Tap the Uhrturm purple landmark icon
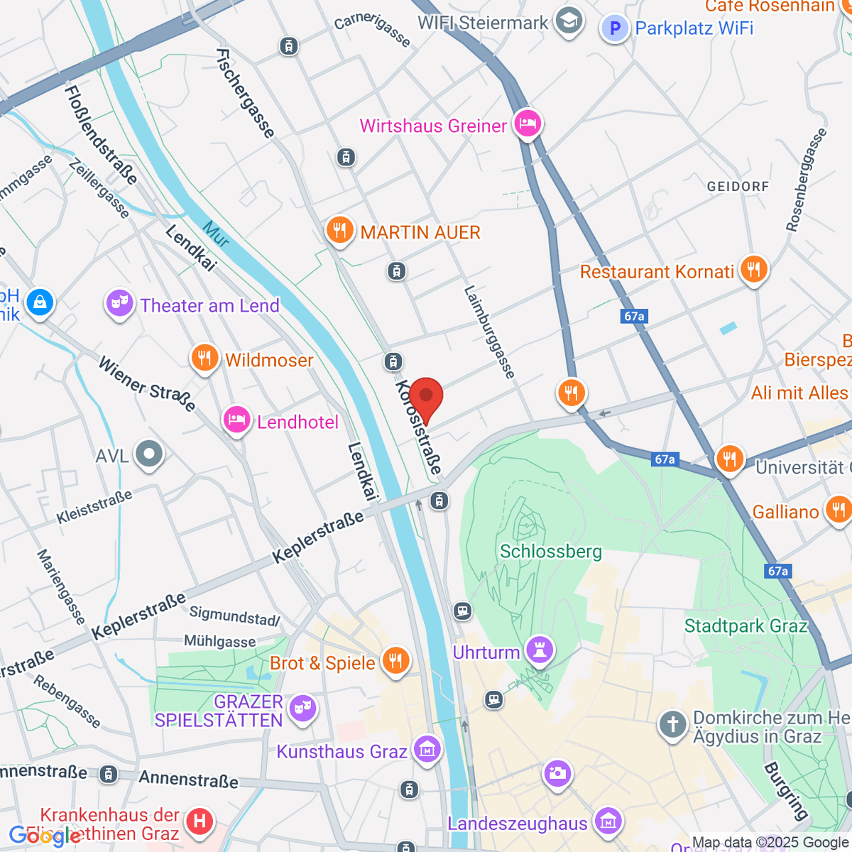click(x=540, y=650)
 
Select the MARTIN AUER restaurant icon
click(x=340, y=231)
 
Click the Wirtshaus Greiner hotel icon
click(x=528, y=124)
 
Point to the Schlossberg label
click(x=550, y=552)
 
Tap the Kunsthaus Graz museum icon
click(x=427, y=750)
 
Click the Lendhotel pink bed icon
click(x=236, y=420)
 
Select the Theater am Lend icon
click(x=120, y=305)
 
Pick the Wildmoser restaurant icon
click(x=204, y=359)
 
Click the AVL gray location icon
click(x=149, y=454)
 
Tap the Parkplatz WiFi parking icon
click(x=615, y=28)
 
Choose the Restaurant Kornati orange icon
click(x=753, y=270)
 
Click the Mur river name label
click(x=215, y=235)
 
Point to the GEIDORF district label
click(x=738, y=187)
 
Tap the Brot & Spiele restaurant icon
click(x=395, y=661)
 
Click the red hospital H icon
click(x=200, y=821)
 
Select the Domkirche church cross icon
click(x=672, y=725)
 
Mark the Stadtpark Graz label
click(x=745, y=626)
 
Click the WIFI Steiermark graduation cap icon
click(x=568, y=21)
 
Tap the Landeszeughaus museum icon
click(x=608, y=821)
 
